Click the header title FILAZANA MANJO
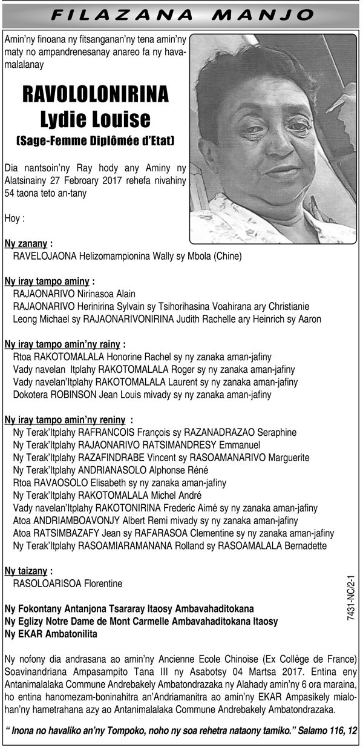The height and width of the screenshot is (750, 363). coord(181,14)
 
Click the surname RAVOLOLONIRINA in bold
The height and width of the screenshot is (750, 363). coord(96,96)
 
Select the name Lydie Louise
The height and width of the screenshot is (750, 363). coord(96,119)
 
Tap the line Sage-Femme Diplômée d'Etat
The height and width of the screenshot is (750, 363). coord(96,142)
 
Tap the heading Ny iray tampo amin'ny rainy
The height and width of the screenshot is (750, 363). coord(63,344)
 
